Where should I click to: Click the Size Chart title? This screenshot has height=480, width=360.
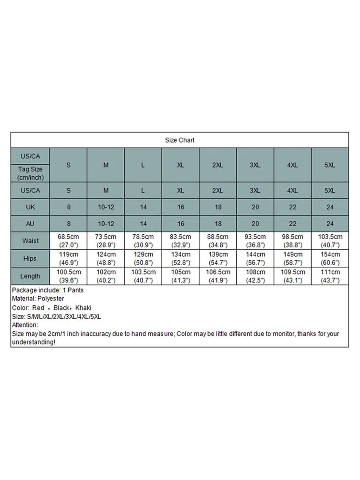(x=180, y=140)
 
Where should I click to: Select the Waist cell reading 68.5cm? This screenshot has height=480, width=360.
(x=68, y=240)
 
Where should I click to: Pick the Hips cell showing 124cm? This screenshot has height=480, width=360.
(x=106, y=258)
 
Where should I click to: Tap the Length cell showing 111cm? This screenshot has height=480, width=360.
(x=330, y=276)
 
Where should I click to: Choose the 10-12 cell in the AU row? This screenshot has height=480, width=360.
(x=106, y=224)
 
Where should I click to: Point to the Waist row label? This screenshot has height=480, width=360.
(x=30, y=240)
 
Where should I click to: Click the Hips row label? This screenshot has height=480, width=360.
(x=30, y=258)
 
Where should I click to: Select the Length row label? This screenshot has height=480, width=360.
(x=30, y=276)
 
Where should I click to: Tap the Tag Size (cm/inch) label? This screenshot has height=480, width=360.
(x=30, y=173)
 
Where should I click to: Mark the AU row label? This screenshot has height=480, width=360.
(x=30, y=224)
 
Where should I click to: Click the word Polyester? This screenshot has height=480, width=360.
(x=50, y=299)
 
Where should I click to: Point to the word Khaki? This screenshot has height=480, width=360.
(x=83, y=308)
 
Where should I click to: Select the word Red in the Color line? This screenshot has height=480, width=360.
(x=38, y=308)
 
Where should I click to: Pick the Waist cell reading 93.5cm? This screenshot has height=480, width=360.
(x=255, y=240)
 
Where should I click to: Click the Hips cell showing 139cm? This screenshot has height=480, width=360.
(x=217, y=258)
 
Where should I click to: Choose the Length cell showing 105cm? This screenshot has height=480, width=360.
(x=180, y=276)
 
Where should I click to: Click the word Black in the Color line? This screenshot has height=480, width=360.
(x=61, y=308)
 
